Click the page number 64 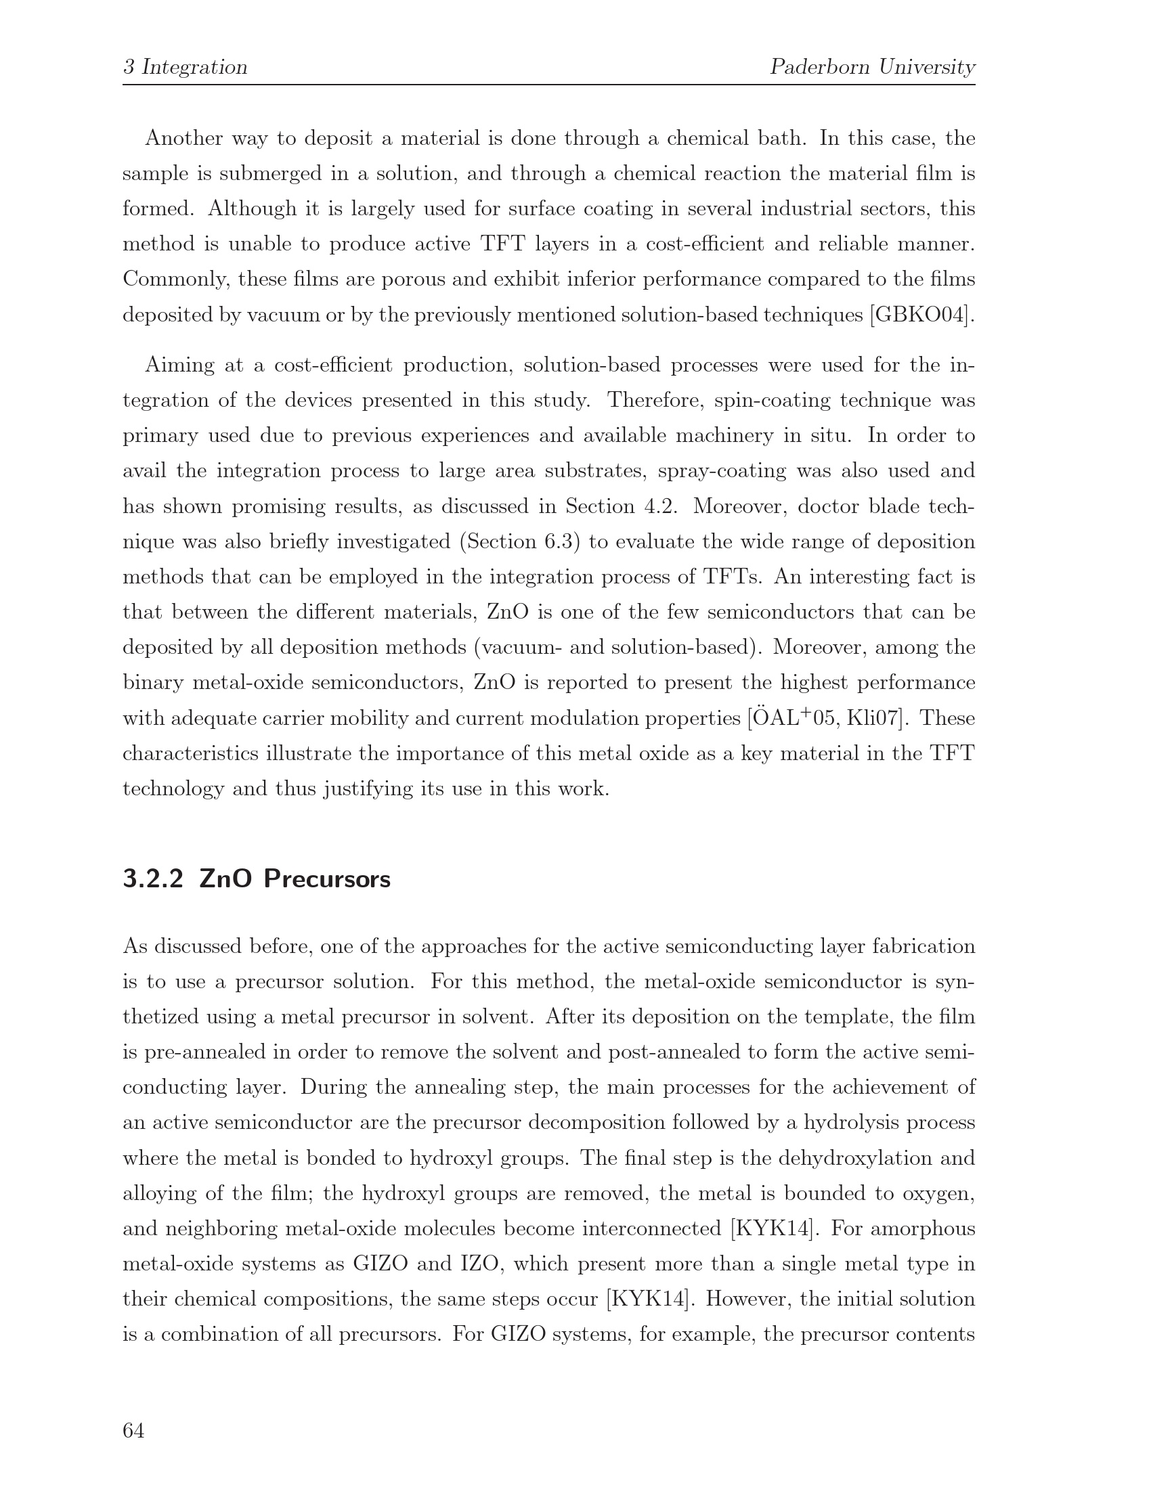point(133,1430)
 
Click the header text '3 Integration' point(185,68)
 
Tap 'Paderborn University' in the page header point(872,68)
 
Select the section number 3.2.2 point(154,879)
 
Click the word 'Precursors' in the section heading point(327,879)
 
